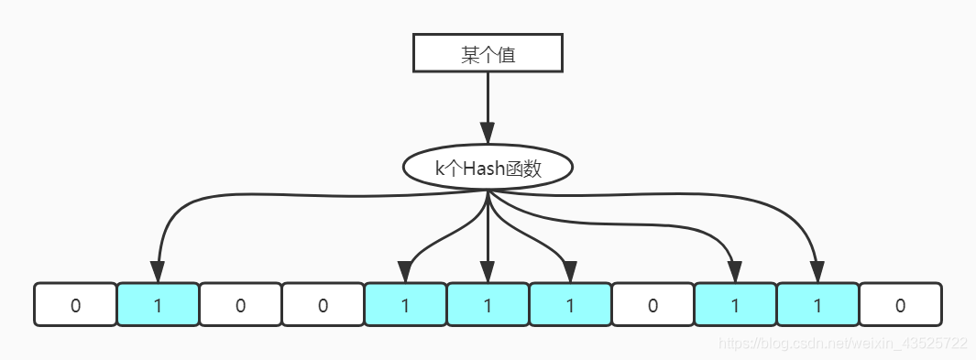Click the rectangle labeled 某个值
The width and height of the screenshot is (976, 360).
(487, 54)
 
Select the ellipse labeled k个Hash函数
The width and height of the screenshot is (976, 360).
(488, 169)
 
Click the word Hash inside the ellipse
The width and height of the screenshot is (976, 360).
(484, 169)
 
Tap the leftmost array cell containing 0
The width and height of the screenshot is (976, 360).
(75, 304)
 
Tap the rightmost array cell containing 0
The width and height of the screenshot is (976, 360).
(900, 304)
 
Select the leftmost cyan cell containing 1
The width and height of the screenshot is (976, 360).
(158, 304)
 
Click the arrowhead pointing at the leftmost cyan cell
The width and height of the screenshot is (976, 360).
(158, 271)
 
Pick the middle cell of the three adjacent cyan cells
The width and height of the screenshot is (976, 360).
(488, 304)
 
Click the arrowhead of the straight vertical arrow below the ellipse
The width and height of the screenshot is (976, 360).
(488, 271)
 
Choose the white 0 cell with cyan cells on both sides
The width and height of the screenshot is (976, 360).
(652, 304)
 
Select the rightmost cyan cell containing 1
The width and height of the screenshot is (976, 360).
(817, 304)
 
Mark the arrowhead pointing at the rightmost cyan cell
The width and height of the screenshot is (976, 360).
(817, 271)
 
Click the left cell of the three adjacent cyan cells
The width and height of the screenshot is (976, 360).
(405, 304)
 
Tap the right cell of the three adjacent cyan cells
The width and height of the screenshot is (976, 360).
(570, 304)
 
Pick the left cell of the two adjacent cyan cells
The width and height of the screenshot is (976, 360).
(735, 304)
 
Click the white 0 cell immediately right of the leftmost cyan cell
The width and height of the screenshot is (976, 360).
(240, 304)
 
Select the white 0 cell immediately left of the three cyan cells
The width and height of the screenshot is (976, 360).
(323, 304)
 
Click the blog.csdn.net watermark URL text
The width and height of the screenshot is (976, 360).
(843, 344)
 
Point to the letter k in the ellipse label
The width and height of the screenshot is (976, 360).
(440, 169)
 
